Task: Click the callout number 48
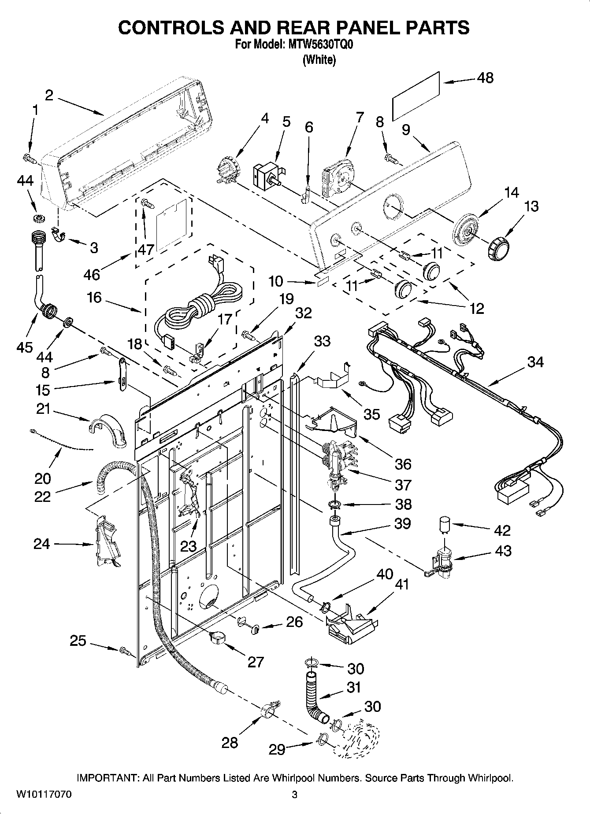485,78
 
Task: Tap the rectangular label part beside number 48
416,95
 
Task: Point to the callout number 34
535,362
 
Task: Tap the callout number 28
230,743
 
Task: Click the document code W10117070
44,795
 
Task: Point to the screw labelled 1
30,158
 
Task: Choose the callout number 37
403,484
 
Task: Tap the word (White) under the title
319,60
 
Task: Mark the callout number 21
43,410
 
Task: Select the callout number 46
92,275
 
